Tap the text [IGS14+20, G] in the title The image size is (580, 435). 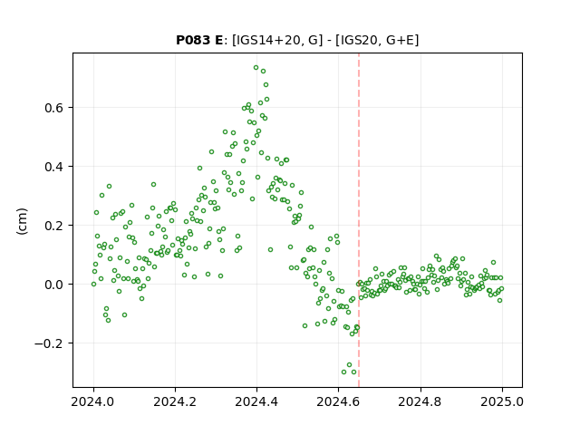[x=275, y=40]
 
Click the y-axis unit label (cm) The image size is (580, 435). [x=22, y=221]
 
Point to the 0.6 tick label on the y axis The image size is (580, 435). [x=54, y=108]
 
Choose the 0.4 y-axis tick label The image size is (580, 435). [x=54, y=167]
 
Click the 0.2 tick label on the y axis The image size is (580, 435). [x=54, y=226]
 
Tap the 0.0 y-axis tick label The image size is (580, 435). [x=54, y=285]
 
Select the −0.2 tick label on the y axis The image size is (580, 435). [x=49, y=343]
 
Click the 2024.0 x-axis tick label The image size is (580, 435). [x=93, y=401]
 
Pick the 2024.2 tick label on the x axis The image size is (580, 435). [x=175, y=401]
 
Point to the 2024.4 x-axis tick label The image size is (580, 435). [x=256, y=401]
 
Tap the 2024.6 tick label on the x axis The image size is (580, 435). [x=338, y=401]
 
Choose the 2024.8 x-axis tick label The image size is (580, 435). [x=420, y=401]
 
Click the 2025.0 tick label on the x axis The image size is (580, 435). [x=502, y=401]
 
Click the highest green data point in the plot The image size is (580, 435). [x=256, y=68]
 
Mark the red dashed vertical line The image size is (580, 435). [x=359, y=220]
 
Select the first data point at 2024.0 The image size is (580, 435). [x=93, y=284]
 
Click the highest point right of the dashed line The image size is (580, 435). [x=437, y=256]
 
